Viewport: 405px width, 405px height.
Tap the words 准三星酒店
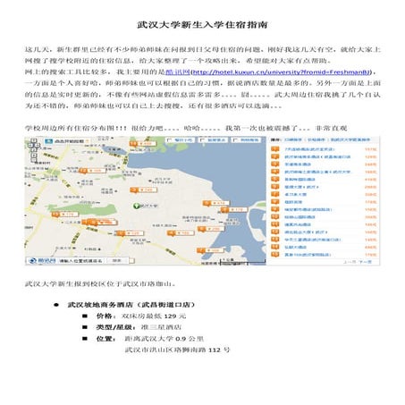tap(158, 328)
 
